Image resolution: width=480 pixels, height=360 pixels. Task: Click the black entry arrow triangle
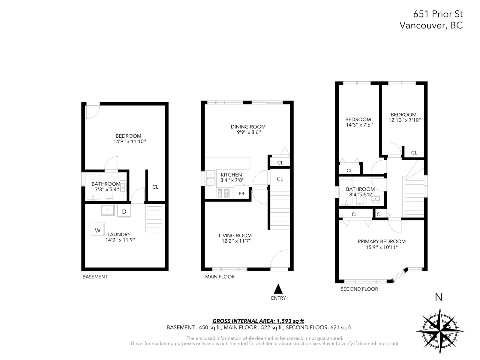[278, 289]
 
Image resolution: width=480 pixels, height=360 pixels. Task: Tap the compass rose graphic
[439, 331]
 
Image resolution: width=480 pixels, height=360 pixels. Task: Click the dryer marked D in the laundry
[124, 211]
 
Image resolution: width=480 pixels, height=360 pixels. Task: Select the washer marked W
[97, 229]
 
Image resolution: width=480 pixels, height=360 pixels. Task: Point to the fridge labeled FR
[241, 192]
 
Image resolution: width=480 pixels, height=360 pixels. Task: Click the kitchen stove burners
[223, 193]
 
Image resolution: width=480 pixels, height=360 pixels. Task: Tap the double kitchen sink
[211, 178]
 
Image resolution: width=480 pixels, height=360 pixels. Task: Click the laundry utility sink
[108, 210]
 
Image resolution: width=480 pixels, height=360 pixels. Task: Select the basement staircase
[155, 218]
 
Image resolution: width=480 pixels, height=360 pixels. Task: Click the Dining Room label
[248, 127]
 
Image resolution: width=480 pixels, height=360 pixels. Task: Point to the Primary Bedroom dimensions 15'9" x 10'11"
[382, 247]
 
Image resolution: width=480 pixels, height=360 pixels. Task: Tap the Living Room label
[235, 235]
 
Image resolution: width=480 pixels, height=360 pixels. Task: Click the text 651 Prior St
[438, 14]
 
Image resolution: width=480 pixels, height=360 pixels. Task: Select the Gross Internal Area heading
[258, 321]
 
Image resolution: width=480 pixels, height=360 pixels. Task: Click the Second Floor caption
[359, 289]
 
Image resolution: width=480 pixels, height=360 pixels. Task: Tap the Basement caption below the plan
[95, 277]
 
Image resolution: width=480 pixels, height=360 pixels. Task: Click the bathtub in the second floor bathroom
[346, 192]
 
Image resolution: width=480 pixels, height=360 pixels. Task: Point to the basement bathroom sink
[123, 187]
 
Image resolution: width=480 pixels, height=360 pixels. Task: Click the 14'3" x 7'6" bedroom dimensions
[359, 125]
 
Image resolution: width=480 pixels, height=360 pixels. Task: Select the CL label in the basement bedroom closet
[155, 187]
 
